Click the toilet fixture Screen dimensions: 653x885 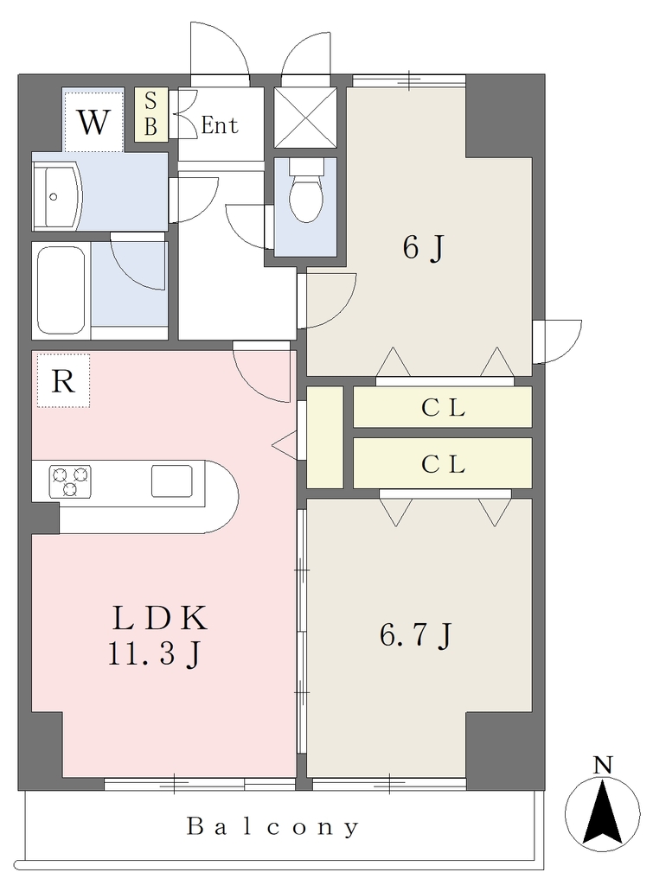pyautogui.click(x=305, y=191)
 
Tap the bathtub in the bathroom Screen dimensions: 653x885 pyautogui.click(x=61, y=290)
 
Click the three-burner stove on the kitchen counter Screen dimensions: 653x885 pyautogui.click(x=70, y=481)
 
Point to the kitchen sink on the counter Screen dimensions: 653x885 pyautogui.click(x=172, y=481)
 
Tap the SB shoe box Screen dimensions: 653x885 pyautogui.click(x=150, y=114)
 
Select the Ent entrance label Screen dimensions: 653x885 pyautogui.click(x=220, y=124)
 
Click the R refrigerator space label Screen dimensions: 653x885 pyautogui.click(x=63, y=381)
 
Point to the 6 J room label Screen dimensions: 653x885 pyautogui.click(x=424, y=247)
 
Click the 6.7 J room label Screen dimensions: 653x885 pyautogui.click(x=416, y=635)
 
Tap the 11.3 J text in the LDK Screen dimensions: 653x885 pyautogui.click(x=154, y=654)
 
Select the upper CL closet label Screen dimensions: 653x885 pyautogui.click(x=443, y=408)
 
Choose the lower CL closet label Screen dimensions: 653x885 pyautogui.click(x=443, y=464)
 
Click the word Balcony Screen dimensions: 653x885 pyautogui.click(x=272, y=827)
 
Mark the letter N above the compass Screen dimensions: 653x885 pyautogui.click(x=603, y=766)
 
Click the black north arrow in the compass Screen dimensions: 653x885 pyautogui.click(x=603, y=812)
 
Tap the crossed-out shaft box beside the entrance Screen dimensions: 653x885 pyautogui.click(x=305, y=118)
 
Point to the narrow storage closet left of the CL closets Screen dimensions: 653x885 pyautogui.click(x=325, y=437)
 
